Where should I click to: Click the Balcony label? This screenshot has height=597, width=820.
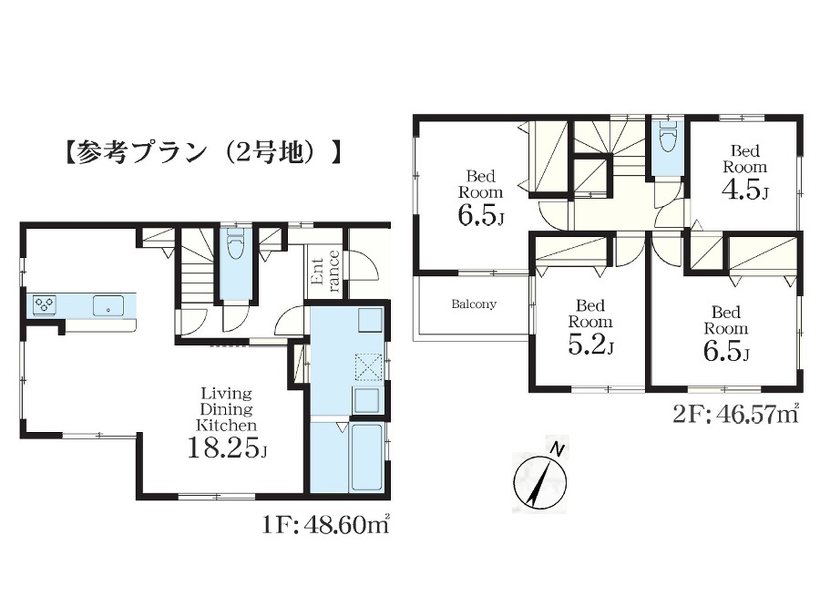click(474, 304)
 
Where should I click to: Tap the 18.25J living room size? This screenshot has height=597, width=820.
click(227, 448)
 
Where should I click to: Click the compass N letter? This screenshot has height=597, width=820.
click(559, 449)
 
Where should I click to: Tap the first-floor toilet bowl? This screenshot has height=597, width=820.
click(235, 245)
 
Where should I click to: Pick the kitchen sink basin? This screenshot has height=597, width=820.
click(108, 305)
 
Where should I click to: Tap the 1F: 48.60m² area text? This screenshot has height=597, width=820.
click(326, 524)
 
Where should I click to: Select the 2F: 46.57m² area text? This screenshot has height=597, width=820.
click(736, 414)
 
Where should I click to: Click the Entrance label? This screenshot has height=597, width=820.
click(324, 271)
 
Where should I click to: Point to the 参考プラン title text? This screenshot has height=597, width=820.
click(204, 153)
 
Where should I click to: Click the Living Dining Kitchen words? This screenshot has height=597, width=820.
click(227, 408)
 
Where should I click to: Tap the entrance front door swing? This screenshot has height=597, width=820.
click(364, 266)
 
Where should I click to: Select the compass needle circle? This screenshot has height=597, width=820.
click(540, 481)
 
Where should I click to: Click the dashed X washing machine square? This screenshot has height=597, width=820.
click(369, 365)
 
